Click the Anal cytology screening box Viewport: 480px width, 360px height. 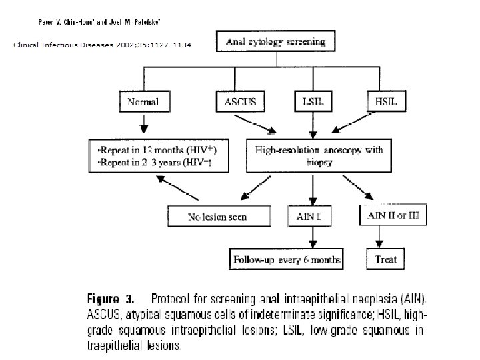[275, 41]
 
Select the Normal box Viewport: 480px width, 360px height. [145, 101]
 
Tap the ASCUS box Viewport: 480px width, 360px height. [240, 101]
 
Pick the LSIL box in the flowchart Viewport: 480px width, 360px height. [313, 101]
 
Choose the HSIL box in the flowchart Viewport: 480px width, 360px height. [386, 101]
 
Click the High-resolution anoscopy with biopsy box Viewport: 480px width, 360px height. [319, 155]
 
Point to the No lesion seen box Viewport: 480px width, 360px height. [219, 216]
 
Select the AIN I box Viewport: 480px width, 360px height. [309, 216]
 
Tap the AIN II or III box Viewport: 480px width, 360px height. [393, 215]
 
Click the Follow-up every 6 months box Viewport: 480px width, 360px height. [286, 259]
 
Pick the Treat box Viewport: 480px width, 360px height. [385, 259]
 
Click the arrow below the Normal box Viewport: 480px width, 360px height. [144, 124]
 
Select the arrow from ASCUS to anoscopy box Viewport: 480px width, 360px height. [255, 125]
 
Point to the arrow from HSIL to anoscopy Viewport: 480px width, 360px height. [353, 123]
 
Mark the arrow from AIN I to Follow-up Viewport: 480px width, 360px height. [313, 237]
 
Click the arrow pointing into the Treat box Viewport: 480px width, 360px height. [379, 237]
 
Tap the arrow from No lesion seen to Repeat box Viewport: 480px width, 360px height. [177, 188]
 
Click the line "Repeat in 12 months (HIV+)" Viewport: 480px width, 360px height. [157, 150]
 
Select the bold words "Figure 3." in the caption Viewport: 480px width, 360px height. [111, 299]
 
